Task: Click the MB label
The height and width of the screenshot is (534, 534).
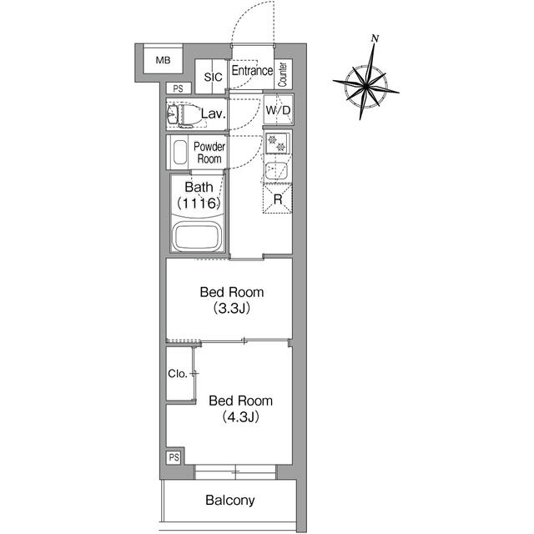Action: coord(163,61)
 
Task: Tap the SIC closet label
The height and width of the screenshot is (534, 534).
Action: coord(214,78)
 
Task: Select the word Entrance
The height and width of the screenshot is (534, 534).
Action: coord(252,70)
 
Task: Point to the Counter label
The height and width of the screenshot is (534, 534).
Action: coord(283,74)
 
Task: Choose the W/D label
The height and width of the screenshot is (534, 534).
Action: coord(278,110)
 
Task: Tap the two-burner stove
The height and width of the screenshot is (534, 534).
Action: coord(277,143)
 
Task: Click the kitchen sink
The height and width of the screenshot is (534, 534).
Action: coord(276,171)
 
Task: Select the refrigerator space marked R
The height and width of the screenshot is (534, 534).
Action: coord(278,199)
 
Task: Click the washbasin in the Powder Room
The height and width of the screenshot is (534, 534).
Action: coord(180,152)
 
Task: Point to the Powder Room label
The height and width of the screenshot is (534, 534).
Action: coord(209,153)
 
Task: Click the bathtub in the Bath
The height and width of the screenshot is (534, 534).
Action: coord(197,237)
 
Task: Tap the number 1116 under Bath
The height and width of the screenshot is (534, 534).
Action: coord(199,204)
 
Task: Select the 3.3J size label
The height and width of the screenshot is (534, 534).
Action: coord(232,308)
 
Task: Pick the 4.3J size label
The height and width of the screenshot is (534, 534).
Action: coord(241,417)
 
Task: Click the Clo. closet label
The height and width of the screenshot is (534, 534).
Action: coord(178,374)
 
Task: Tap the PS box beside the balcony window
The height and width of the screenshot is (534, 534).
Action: coord(174,457)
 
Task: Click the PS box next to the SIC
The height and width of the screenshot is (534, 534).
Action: coord(179,88)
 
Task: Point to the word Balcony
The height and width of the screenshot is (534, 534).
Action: coord(230,501)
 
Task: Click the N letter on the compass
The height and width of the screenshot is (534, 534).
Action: coord(375,38)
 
